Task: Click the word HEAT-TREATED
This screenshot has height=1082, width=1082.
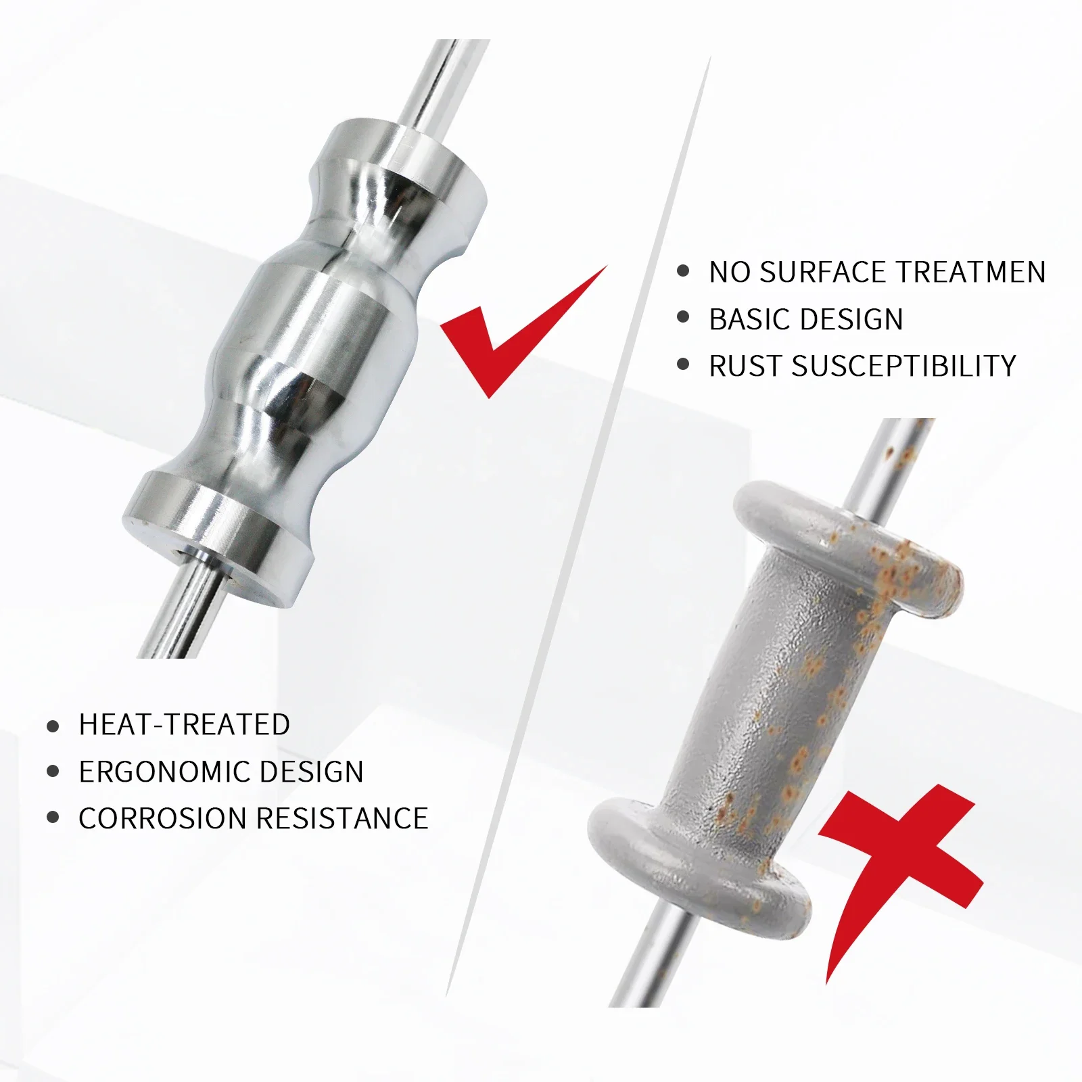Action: [x=185, y=725]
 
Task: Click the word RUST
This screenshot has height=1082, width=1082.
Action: [x=745, y=366]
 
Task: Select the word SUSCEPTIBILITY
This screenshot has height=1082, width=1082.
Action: [x=904, y=366]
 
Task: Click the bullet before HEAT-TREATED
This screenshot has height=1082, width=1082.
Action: [x=53, y=726]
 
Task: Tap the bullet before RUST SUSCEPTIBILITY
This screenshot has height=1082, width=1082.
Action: [x=683, y=366]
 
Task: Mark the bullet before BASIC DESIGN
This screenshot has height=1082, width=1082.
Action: [x=683, y=318]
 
